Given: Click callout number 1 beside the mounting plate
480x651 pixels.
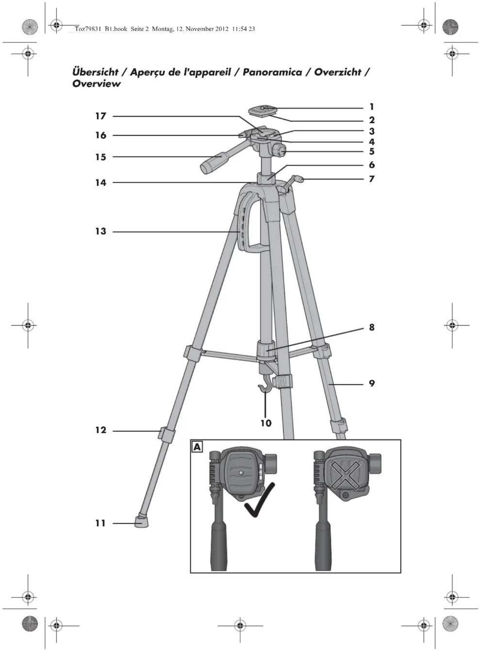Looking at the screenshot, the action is point(371,107).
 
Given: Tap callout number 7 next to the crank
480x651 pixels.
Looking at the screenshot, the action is point(371,179).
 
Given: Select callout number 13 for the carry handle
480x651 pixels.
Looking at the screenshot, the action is point(101,231).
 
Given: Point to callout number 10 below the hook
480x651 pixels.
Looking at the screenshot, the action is point(266,423).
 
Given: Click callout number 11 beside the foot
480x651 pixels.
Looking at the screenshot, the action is point(100,523).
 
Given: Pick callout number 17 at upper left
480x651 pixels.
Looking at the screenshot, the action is point(101,116).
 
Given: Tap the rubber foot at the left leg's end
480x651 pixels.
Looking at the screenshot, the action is point(141,521).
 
